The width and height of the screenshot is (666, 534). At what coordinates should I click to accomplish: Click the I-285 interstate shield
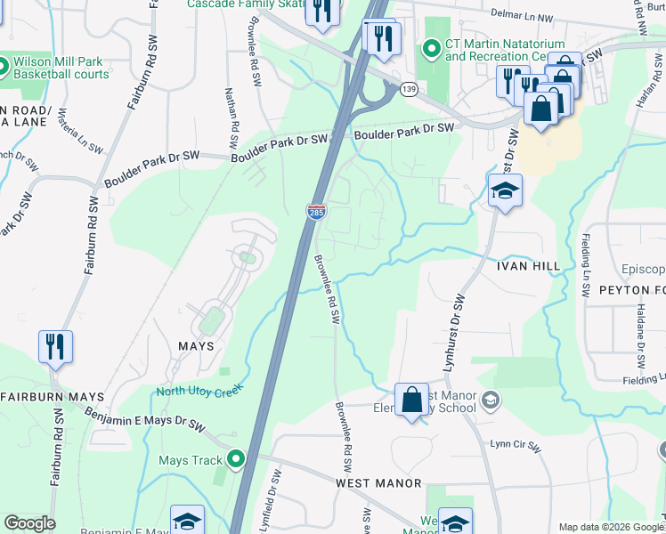coord(316,212)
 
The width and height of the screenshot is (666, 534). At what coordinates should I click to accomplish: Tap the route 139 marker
coord(409,90)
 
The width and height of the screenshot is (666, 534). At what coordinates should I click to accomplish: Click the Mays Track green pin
coord(236,459)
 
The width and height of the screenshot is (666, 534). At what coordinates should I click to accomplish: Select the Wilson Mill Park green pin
coord(4,67)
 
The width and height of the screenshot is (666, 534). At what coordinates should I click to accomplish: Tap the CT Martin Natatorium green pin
coord(432,48)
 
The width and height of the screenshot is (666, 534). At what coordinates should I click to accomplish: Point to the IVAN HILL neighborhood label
coord(529,265)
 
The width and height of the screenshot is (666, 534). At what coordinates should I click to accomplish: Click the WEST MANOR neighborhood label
coord(378,482)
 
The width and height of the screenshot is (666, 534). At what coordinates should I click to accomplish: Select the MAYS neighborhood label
coord(195,345)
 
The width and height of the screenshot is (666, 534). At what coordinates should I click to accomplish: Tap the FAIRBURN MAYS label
coord(53,396)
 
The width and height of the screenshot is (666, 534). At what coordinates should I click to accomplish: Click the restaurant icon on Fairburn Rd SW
coord(55,345)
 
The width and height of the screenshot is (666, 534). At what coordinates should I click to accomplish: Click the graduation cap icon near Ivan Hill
coord(505,190)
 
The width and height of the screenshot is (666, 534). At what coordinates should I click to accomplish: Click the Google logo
coord(28,523)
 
